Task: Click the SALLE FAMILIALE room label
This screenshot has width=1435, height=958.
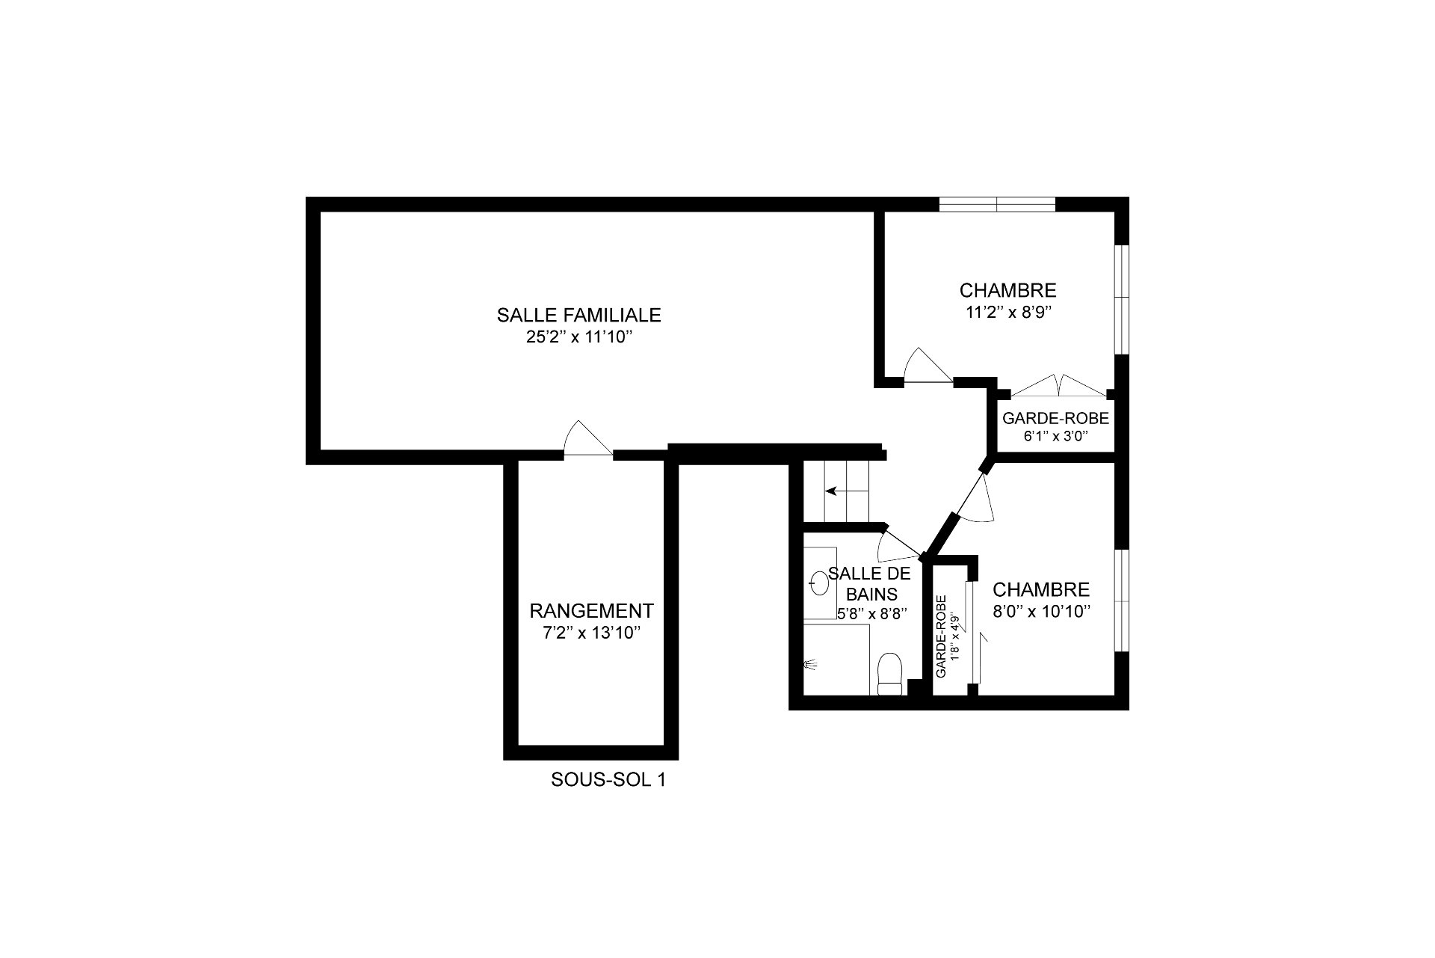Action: (578, 315)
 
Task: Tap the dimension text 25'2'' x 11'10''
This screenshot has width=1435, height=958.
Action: (579, 337)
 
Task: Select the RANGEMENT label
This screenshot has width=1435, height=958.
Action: (591, 611)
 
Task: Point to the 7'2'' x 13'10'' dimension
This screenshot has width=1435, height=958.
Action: (591, 633)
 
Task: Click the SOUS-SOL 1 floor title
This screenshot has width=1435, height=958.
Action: (608, 780)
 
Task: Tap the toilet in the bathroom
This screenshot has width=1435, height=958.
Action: (890, 674)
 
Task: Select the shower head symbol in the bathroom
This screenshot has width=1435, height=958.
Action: (810, 663)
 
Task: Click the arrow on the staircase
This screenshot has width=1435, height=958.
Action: (840, 491)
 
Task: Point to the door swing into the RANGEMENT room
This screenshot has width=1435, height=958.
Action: (587, 439)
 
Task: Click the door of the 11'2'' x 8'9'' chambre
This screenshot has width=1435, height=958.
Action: (928, 366)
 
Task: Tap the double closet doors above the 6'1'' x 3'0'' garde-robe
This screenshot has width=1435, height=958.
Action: (1058, 385)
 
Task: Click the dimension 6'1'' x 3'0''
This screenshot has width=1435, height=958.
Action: (1055, 436)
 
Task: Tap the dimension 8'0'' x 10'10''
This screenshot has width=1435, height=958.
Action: (1041, 611)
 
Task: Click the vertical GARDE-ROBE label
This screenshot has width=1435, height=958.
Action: (942, 636)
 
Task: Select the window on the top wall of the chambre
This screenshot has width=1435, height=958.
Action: (997, 204)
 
